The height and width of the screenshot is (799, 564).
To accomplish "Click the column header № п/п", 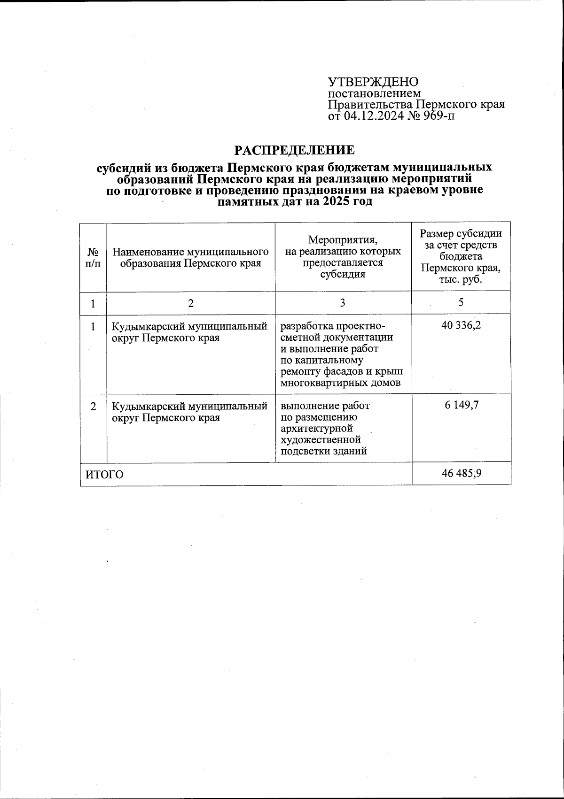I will [93, 258].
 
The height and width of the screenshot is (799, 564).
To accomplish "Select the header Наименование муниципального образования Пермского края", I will [190, 258].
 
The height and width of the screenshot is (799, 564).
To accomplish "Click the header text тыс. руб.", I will [461, 280].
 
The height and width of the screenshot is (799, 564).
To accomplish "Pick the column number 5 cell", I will [462, 302].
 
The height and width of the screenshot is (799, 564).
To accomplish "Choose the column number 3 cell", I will [343, 303].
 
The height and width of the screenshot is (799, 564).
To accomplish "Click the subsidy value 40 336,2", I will [461, 325].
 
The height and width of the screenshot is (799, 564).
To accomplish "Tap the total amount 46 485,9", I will [462, 473].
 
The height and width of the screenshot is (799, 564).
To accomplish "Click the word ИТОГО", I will [104, 475].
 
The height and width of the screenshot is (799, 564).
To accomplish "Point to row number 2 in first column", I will [94, 406].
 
